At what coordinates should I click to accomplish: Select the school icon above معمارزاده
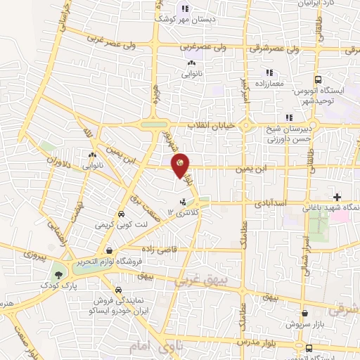[x=268, y=72]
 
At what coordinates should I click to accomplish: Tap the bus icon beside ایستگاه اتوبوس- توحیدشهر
[x=319, y=80]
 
